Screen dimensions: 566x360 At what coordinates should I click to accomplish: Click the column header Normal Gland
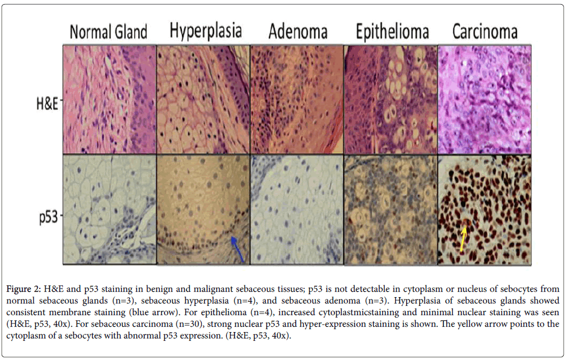(x=108, y=31)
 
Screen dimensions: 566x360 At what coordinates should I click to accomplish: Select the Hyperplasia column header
(x=205, y=31)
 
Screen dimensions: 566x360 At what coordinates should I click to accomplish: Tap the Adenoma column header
(x=298, y=31)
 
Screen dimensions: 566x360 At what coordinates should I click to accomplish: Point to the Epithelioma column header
(x=392, y=31)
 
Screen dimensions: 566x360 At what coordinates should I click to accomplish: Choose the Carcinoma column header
(x=485, y=31)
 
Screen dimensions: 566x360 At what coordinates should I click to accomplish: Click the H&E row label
(x=47, y=104)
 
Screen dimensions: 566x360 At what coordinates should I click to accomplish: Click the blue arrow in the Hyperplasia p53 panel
(x=237, y=249)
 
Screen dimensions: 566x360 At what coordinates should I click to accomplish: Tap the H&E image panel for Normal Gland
(x=110, y=100)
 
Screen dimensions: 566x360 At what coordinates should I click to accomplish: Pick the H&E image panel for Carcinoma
(x=484, y=100)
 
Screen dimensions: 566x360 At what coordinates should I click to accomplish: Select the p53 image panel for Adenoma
(x=297, y=210)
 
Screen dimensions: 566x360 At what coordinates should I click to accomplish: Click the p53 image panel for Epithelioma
(x=391, y=210)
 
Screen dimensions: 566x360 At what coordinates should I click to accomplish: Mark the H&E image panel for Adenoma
(x=297, y=100)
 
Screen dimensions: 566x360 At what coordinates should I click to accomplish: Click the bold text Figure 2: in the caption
(x=23, y=290)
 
